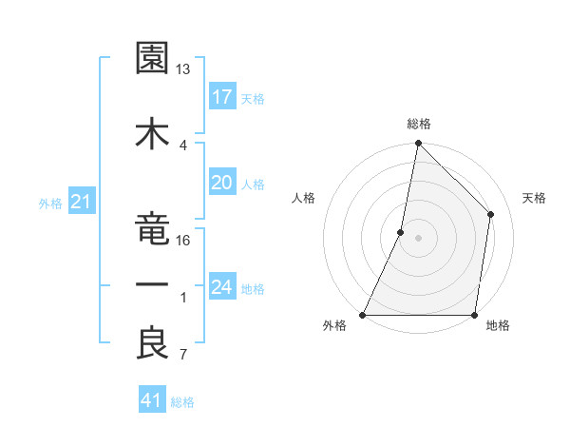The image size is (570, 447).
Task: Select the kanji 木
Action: pyautogui.click(x=152, y=133)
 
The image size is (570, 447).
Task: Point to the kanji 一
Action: pyautogui.click(x=152, y=285)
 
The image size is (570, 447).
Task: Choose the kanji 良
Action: pyautogui.click(x=152, y=343)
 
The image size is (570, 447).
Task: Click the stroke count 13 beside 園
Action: pyautogui.click(x=183, y=69)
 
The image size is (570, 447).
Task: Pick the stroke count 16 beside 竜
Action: pyautogui.click(x=183, y=240)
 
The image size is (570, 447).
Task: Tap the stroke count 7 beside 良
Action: pyautogui.click(x=183, y=356)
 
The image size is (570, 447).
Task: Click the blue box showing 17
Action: pyautogui.click(x=222, y=97)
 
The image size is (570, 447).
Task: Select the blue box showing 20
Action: pyautogui.click(x=222, y=183)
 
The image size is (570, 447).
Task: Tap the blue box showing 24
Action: pyautogui.click(x=222, y=287)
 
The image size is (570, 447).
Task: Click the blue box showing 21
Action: pyautogui.click(x=81, y=202)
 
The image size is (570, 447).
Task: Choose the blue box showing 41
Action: pyautogui.click(x=152, y=400)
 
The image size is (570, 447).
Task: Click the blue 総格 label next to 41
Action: pyautogui.click(x=182, y=402)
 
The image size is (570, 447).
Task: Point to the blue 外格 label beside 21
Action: pyautogui.click(x=50, y=203)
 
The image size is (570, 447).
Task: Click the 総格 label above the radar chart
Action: pyautogui.click(x=418, y=124)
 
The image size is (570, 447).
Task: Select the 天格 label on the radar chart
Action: pyautogui.click(x=534, y=198)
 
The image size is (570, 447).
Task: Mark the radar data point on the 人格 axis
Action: pyautogui.click(x=401, y=232)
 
